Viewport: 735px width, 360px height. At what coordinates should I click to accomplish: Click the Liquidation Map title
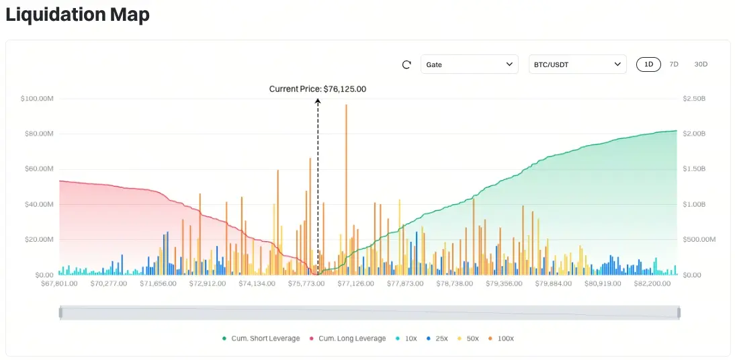click(77, 15)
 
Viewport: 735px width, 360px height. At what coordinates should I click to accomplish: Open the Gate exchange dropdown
click(469, 64)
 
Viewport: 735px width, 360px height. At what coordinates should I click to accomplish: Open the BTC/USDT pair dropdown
click(577, 64)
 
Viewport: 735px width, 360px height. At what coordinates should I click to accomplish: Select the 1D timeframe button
click(648, 64)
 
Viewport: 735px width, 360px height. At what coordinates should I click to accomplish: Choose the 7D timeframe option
click(674, 64)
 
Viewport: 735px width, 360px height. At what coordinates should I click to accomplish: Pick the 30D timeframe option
click(701, 64)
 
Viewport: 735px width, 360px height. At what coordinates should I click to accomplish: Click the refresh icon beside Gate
click(406, 64)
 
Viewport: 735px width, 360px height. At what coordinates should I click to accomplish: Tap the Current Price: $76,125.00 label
click(318, 89)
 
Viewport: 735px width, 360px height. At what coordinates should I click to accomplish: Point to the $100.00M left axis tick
click(38, 99)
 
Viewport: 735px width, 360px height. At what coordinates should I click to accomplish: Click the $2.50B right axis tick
click(694, 99)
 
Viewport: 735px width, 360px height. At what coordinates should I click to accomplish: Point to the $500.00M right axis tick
click(699, 240)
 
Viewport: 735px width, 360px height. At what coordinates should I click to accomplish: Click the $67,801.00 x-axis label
click(59, 283)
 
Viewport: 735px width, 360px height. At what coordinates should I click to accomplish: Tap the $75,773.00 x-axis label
click(306, 283)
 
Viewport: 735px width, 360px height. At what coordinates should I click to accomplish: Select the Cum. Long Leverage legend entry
click(347, 339)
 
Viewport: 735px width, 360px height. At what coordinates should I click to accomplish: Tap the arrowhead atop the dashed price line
click(318, 101)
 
